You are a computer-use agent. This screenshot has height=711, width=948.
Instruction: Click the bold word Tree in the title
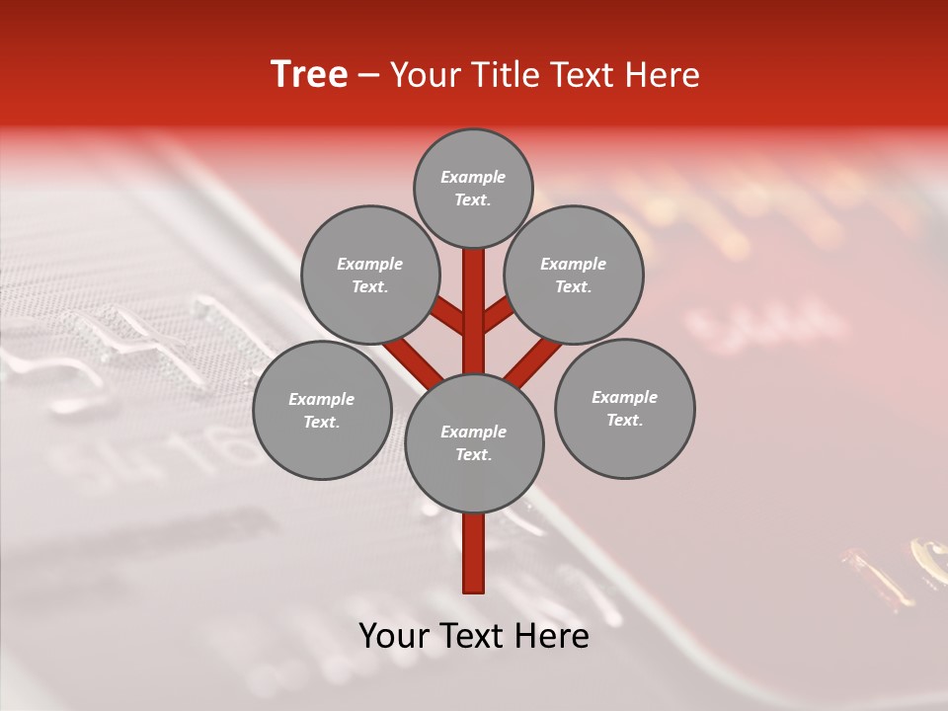click(x=309, y=75)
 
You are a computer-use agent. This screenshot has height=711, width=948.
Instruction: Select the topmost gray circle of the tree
click(x=473, y=188)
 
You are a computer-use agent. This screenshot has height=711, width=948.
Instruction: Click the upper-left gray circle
click(x=369, y=275)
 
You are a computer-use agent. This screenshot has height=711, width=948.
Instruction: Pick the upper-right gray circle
click(x=573, y=275)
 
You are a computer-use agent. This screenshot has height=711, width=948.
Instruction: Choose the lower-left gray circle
click(x=322, y=410)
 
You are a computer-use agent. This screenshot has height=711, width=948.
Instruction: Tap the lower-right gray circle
click(x=624, y=408)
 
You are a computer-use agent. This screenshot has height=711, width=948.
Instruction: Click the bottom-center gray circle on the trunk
click(x=473, y=442)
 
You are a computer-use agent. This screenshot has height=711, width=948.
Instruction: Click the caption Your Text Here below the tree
click(x=474, y=636)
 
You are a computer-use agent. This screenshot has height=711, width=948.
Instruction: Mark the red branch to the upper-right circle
click(x=498, y=316)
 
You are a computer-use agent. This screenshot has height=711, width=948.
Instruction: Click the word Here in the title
click(x=663, y=75)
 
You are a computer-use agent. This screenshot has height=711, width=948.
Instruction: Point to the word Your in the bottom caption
click(x=394, y=636)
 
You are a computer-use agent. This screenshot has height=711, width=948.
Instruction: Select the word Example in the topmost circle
click(x=473, y=177)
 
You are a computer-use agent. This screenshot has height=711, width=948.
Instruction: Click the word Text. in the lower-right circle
click(x=624, y=420)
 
